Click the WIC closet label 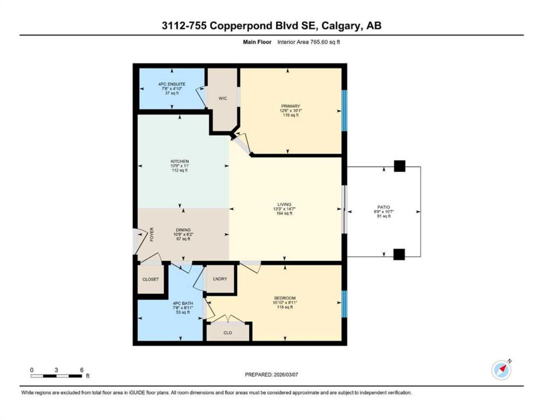(222, 98)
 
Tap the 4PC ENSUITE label (172, 84)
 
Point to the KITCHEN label (179, 161)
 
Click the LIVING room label (284, 204)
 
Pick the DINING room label (183, 229)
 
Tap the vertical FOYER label (152, 234)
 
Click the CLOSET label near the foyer (151, 279)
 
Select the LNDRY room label (220, 278)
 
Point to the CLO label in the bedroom (228, 333)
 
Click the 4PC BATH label (183, 303)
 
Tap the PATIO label (384, 207)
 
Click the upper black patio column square (399, 166)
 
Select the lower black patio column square (399, 255)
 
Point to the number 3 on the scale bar (56, 370)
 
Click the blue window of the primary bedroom (344, 110)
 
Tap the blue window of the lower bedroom (344, 304)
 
